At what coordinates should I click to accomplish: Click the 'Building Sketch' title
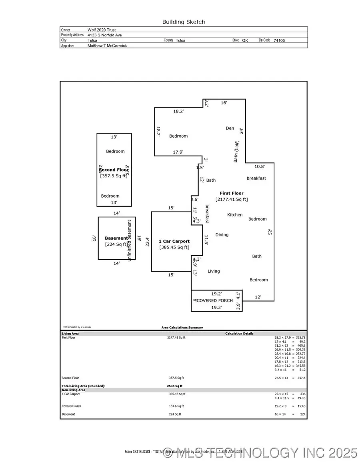point(183,22)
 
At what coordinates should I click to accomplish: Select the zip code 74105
point(279,40)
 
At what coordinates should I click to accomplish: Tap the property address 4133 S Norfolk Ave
point(105,35)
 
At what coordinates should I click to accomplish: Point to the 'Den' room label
point(230,128)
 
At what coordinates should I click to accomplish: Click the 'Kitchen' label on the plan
point(235,215)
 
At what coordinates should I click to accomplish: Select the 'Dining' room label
point(222,235)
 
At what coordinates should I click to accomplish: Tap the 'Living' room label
point(214,271)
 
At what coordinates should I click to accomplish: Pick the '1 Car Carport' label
point(174,241)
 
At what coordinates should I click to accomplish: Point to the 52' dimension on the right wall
point(270,232)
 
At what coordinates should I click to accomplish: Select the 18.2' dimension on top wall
point(178,112)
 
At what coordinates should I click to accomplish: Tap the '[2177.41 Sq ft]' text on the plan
point(232,199)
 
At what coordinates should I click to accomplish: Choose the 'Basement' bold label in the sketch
point(116,238)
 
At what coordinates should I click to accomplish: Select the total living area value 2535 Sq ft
point(174,386)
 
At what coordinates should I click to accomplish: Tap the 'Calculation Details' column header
point(239,333)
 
